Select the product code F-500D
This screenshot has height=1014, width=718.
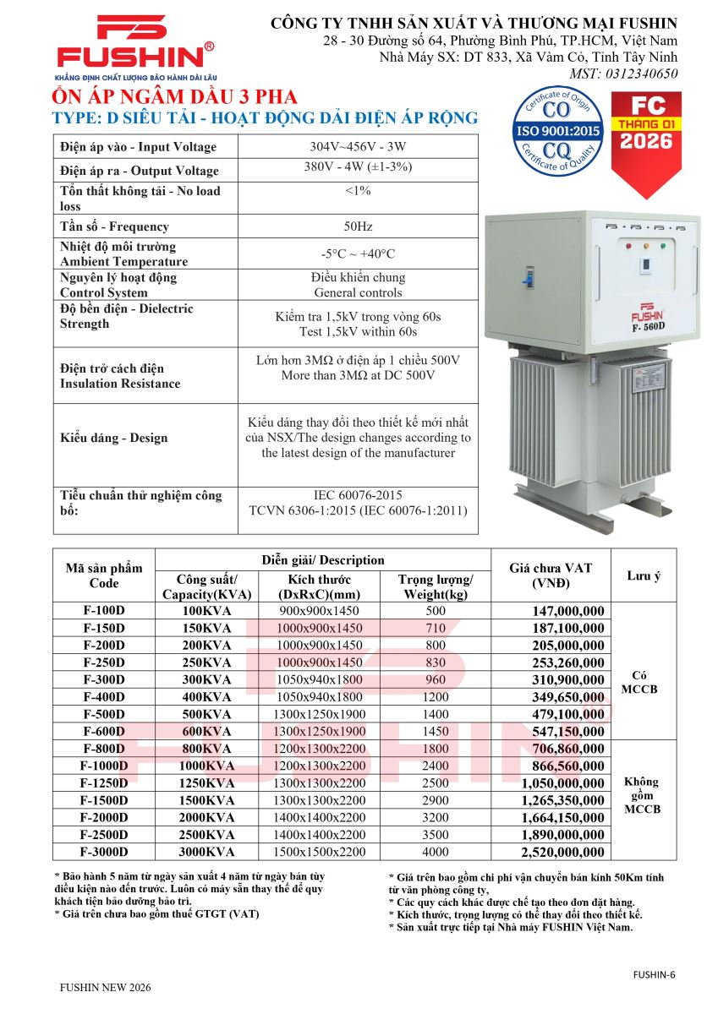pos(104,714)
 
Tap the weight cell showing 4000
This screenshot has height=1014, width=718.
pos(436,852)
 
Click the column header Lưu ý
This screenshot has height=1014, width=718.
pos(644,575)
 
